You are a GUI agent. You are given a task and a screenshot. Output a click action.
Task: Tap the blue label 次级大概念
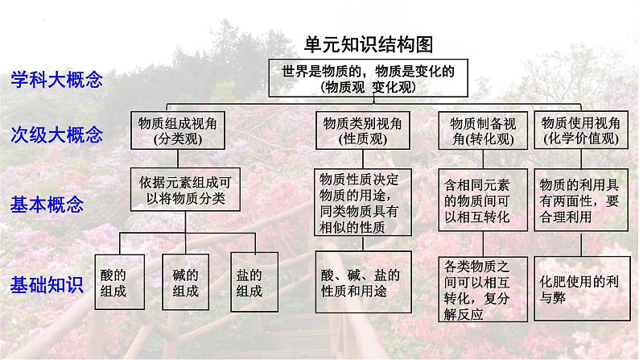click(56, 134)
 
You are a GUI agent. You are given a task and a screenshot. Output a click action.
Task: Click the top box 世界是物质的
click(369, 78)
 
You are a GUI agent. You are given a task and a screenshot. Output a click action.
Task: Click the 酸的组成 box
click(120, 281)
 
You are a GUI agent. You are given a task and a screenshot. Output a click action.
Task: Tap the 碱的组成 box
click(186, 281)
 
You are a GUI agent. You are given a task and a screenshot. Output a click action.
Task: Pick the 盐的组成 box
click(253, 281)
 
